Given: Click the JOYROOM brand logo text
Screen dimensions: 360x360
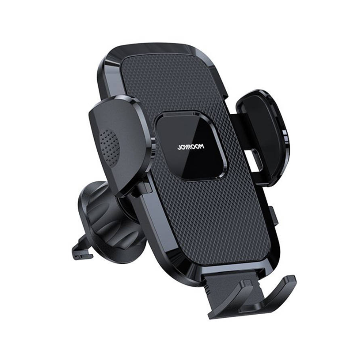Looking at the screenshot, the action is pos(190,147).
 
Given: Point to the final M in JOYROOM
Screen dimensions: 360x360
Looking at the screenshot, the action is pos(202,146).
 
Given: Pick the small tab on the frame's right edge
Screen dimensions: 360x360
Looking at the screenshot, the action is pos(275,215).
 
